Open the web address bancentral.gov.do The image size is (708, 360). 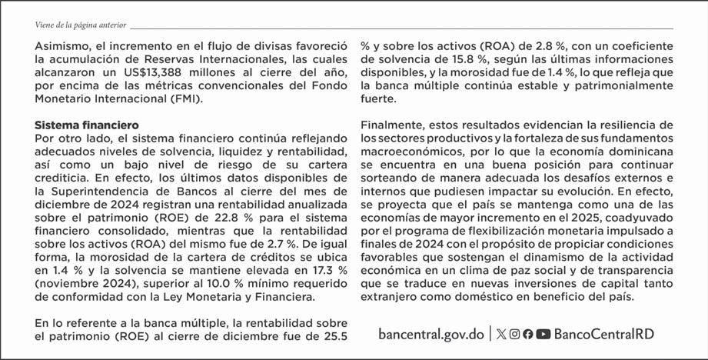click(431, 335)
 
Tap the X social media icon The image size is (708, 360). click(502, 335)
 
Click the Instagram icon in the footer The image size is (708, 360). click(515, 335)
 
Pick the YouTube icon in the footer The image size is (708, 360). click(543, 335)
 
